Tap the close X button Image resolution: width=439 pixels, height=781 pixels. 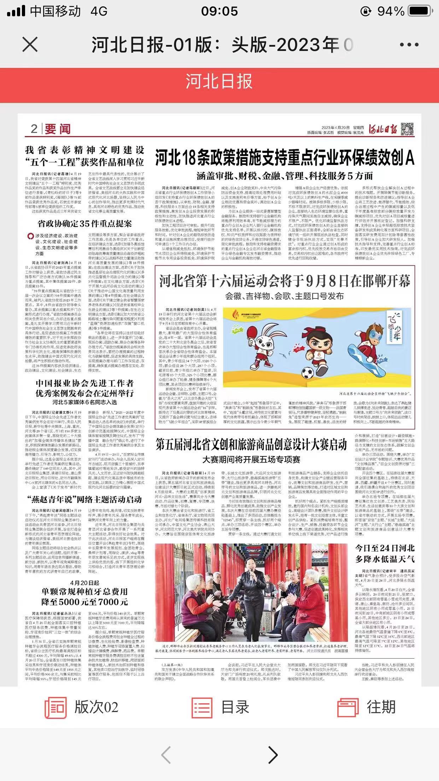coord(30,45)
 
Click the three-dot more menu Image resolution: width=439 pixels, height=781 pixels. coord(409,45)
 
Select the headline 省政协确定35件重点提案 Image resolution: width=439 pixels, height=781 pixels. coord(85,224)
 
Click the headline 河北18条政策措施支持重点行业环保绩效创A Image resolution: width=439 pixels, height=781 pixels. coord(285,158)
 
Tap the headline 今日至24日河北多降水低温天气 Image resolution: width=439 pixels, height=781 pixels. coord(385,554)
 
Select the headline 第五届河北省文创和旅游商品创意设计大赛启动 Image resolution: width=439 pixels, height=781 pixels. coord(251,445)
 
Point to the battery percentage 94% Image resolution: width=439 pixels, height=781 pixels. coord(391,11)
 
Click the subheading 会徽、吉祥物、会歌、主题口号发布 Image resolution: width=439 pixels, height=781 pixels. coord(285,296)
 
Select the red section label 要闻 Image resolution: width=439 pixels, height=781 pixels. coord(57,129)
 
